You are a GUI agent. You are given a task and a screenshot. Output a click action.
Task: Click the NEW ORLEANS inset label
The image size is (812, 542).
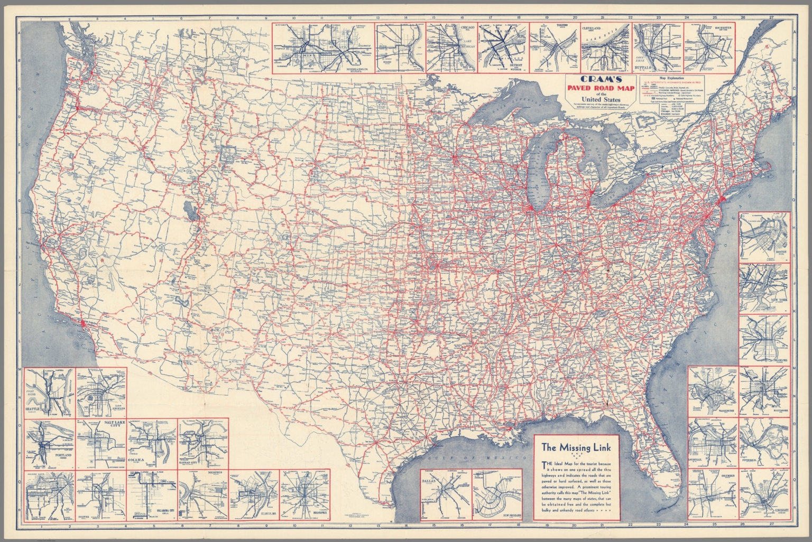pos(511,515)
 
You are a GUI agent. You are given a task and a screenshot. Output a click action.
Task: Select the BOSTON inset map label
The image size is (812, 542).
pos(781,252)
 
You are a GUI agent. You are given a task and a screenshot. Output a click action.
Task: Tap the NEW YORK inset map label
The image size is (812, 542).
pos(778,300)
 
